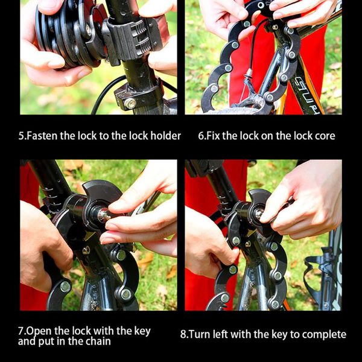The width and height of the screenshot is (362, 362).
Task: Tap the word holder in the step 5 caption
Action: pyautogui.click(x=164, y=136)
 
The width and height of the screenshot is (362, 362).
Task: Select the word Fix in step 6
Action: pyautogui.click(x=215, y=136)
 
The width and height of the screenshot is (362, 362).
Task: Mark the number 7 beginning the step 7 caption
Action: pyautogui.click(x=21, y=331)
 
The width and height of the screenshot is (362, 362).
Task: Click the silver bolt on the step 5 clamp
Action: pyautogui.click(x=129, y=103)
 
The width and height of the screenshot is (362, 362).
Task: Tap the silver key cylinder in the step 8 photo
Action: pyautogui.click(x=258, y=213)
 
